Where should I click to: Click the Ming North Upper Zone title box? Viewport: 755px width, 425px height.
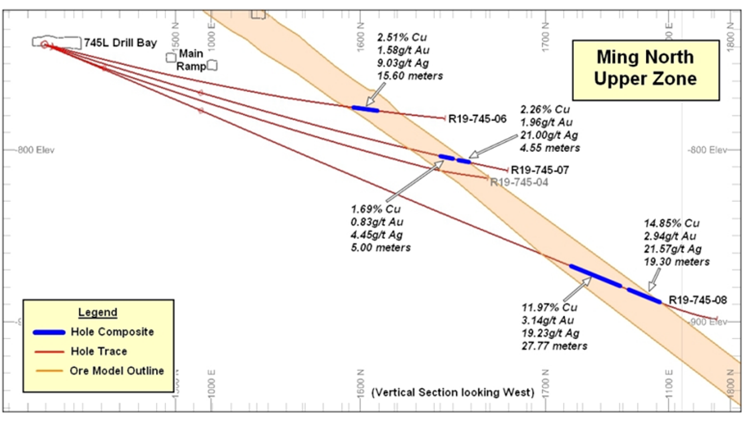point(645,69)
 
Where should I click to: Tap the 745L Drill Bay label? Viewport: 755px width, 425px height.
point(120,42)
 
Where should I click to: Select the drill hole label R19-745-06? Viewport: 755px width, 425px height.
point(477,118)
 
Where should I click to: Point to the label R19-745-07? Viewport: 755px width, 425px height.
point(540,170)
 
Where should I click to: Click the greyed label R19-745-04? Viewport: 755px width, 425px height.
point(519,182)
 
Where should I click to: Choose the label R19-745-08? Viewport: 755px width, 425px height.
point(698,300)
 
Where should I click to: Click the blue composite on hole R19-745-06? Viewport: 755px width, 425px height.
point(365,109)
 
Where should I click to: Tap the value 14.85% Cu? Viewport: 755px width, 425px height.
point(672,223)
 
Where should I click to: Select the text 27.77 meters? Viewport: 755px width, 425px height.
point(554,346)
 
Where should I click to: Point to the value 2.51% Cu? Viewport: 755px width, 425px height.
point(402,37)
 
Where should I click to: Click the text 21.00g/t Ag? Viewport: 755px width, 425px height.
point(549,135)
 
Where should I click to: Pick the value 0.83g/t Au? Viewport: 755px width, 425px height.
point(377,222)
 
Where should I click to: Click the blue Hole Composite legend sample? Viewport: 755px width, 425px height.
point(49,333)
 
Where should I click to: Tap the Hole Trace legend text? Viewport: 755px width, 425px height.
point(99,351)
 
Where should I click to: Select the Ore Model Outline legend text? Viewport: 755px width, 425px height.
point(116,371)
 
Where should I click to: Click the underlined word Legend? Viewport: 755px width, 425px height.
point(98,312)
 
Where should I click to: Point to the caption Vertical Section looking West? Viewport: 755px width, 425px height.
point(453,392)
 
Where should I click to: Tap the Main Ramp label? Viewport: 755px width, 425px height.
point(191,60)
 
